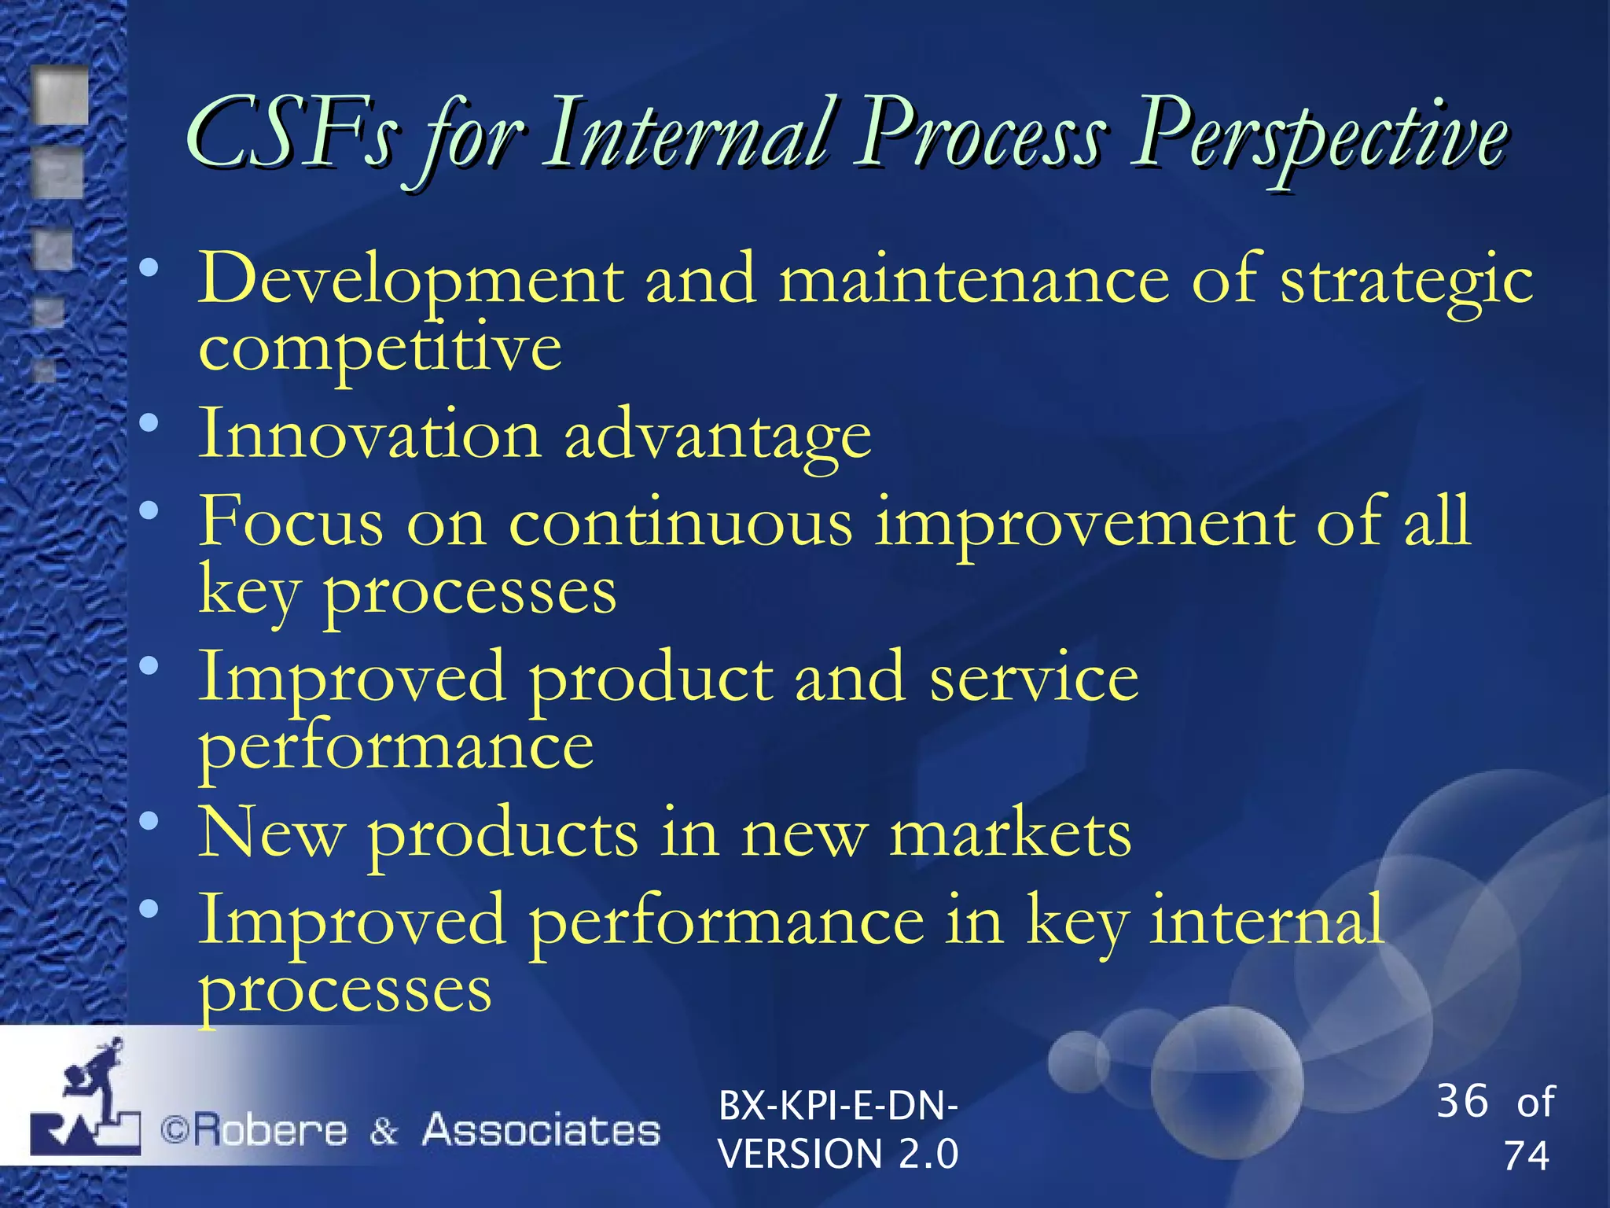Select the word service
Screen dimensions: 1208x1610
click(x=1033, y=678)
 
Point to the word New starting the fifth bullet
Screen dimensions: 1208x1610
click(x=271, y=834)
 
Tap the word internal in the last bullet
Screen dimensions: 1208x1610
click(x=1266, y=920)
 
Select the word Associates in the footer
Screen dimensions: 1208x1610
click(x=541, y=1131)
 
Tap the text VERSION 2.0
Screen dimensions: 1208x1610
click(x=838, y=1155)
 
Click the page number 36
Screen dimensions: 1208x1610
click(x=1462, y=1101)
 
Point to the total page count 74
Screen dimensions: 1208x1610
click(x=1526, y=1156)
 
